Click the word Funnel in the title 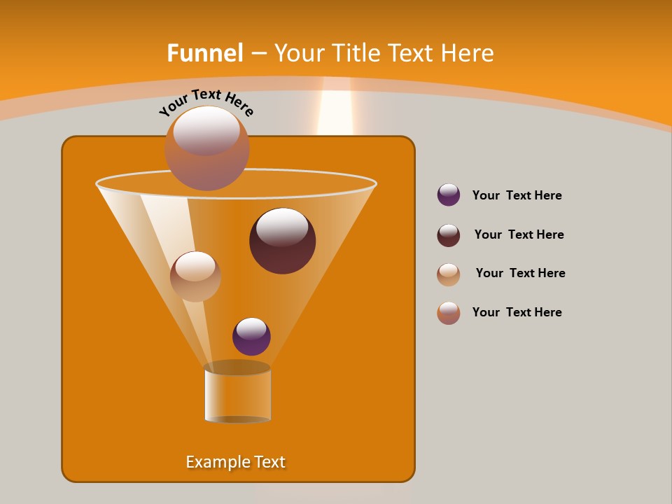[204, 53]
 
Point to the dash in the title [258, 54]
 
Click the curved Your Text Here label [206, 101]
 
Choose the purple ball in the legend [449, 195]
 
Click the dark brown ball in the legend [449, 235]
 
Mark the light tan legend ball [449, 274]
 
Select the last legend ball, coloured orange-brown [449, 313]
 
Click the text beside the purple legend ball [517, 195]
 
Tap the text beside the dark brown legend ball [519, 234]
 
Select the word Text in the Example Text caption [269, 462]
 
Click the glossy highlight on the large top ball [206, 131]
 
